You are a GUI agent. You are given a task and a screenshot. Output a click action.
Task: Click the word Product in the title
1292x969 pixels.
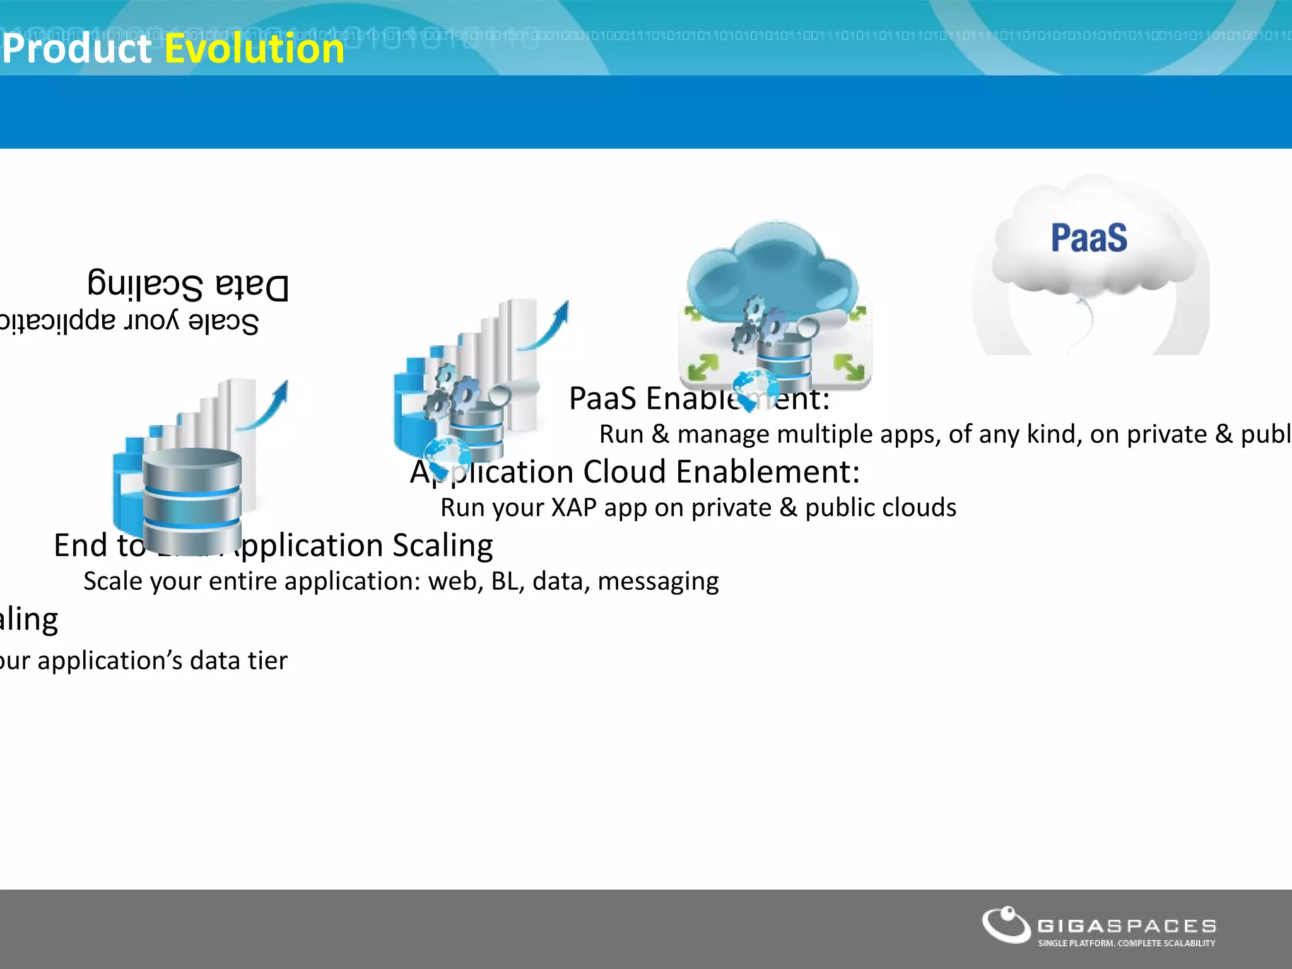pos(77,49)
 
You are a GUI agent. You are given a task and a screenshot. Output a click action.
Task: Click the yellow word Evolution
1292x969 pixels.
pos(254,49)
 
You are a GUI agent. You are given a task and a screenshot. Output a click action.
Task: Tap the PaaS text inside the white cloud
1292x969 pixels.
pos(1089,238)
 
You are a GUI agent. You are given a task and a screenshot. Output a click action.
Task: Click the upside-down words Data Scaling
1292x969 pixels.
pos(188,285)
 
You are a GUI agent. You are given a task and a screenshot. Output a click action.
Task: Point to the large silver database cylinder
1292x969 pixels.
pos(192,498)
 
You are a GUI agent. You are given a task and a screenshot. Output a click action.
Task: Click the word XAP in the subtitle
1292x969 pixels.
pos(572,508)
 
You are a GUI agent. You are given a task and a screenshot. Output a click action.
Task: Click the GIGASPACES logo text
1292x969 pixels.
pos(1127,925)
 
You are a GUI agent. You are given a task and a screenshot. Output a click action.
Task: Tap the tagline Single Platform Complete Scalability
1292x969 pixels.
pos(1127,943)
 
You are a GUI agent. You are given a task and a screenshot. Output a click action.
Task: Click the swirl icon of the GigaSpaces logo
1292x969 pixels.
pos(1006,925)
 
